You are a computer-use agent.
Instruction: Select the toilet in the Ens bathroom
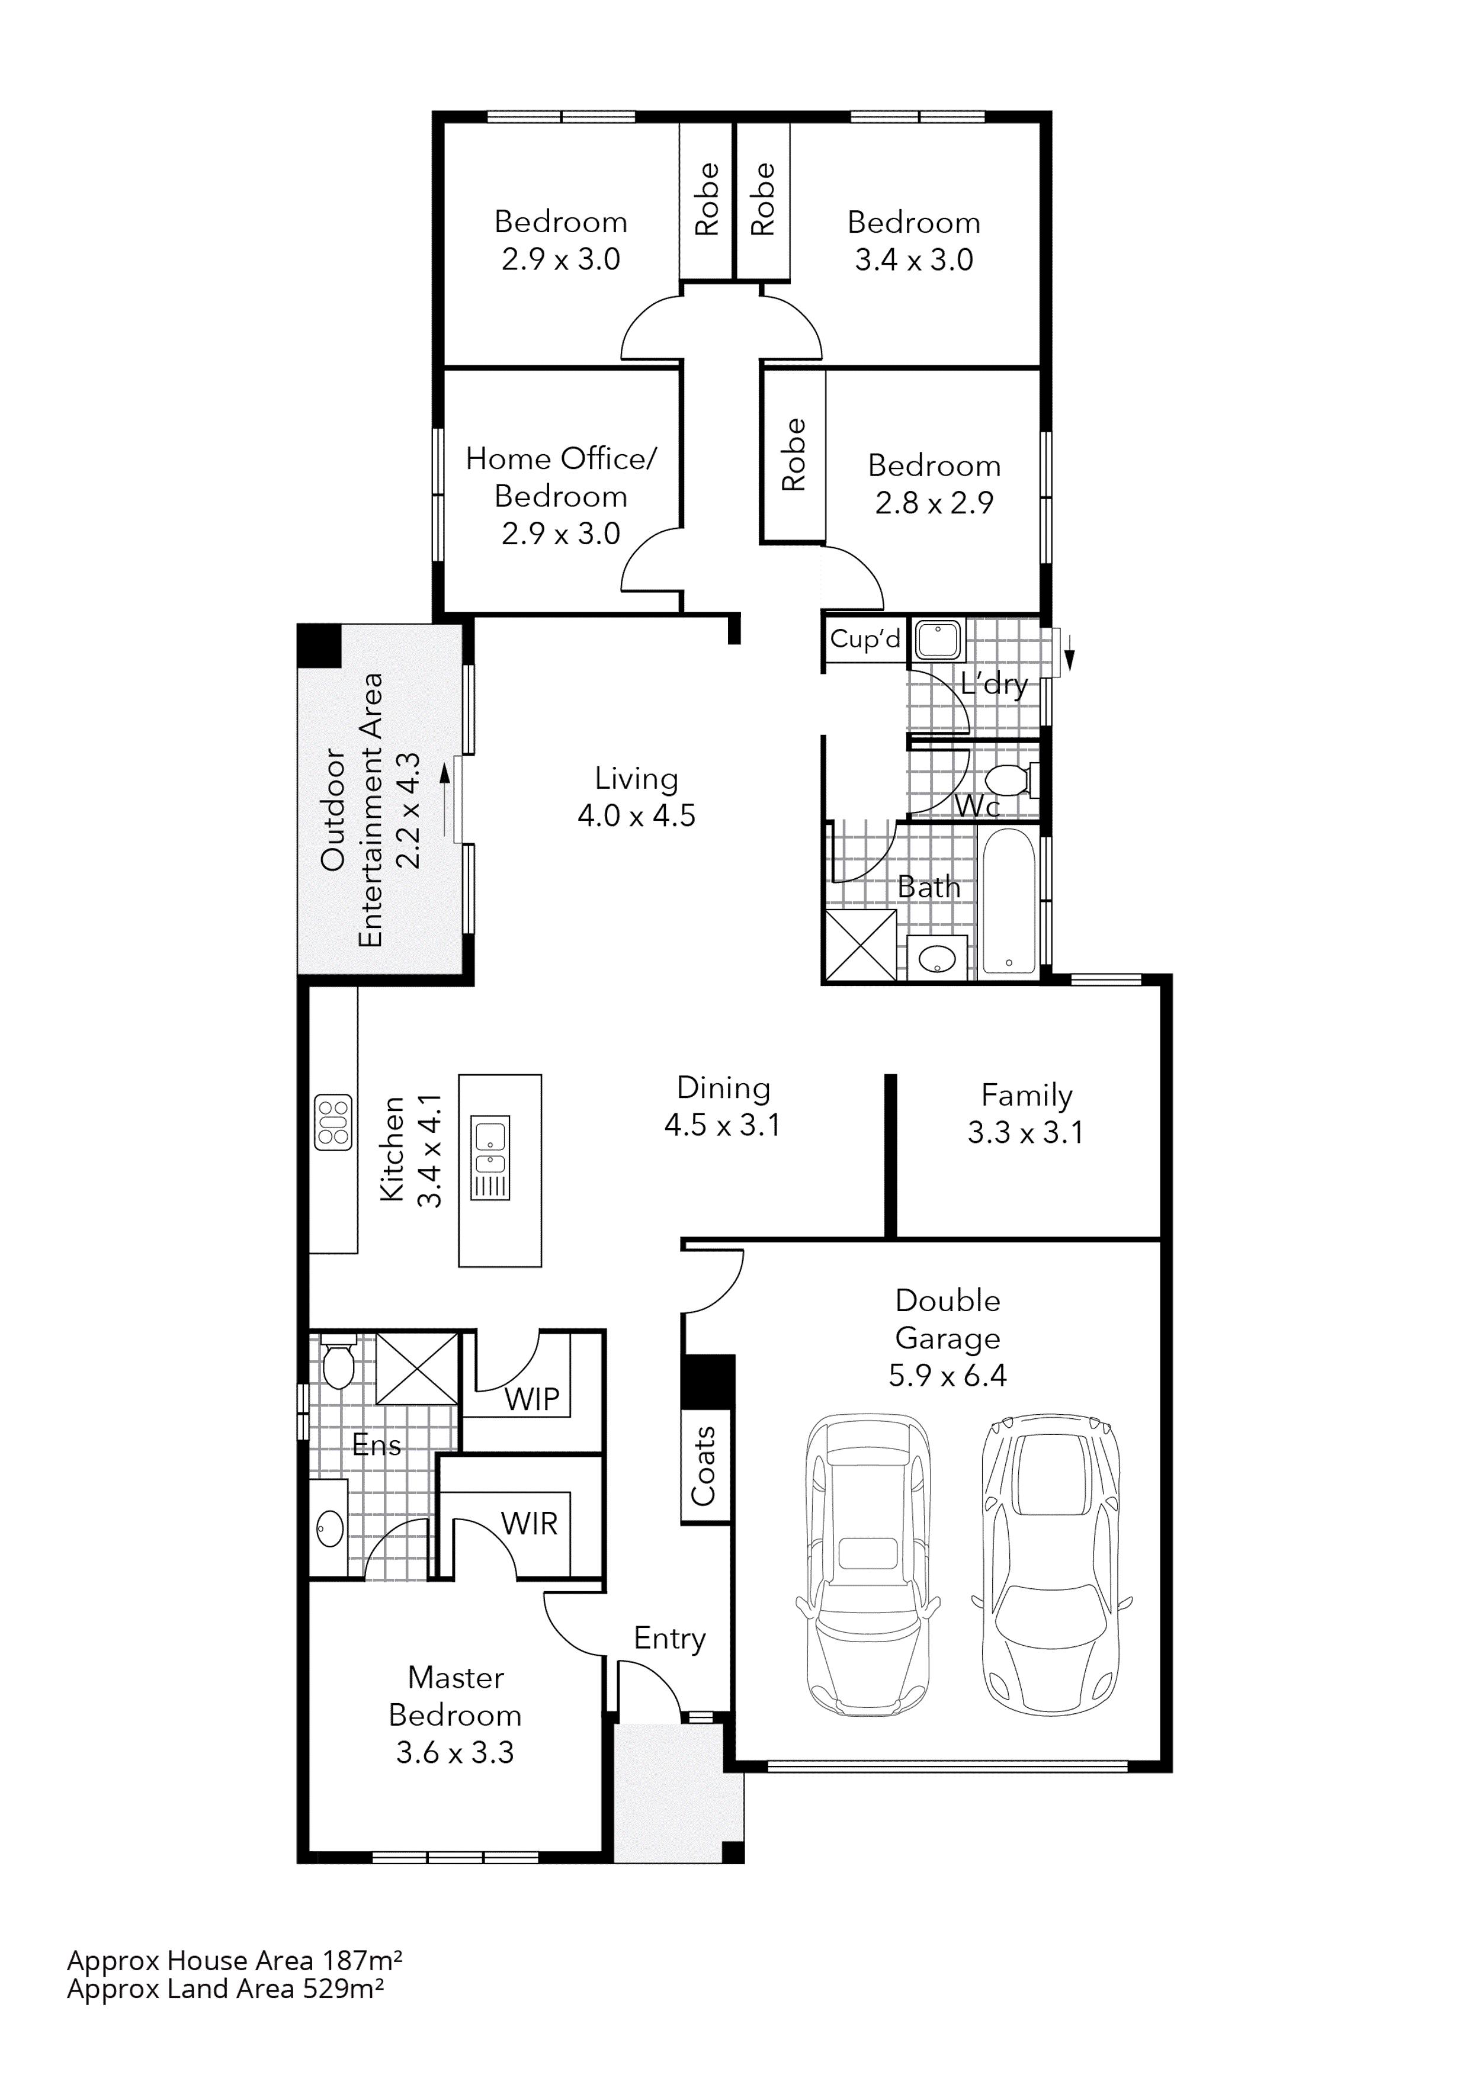(x=338, y=1363)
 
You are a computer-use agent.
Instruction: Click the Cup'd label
(x=864, y=639)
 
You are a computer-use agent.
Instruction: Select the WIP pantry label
(x=532, y=1399)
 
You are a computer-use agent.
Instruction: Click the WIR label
(x=530, y=1524)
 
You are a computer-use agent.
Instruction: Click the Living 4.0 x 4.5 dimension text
(x=636, y=815)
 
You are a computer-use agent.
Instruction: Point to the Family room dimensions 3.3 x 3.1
(x=1025, y=1132)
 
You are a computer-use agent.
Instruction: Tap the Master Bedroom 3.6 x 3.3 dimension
(x=454, y=1752)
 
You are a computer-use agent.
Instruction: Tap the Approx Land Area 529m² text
(x=225, y=1989)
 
